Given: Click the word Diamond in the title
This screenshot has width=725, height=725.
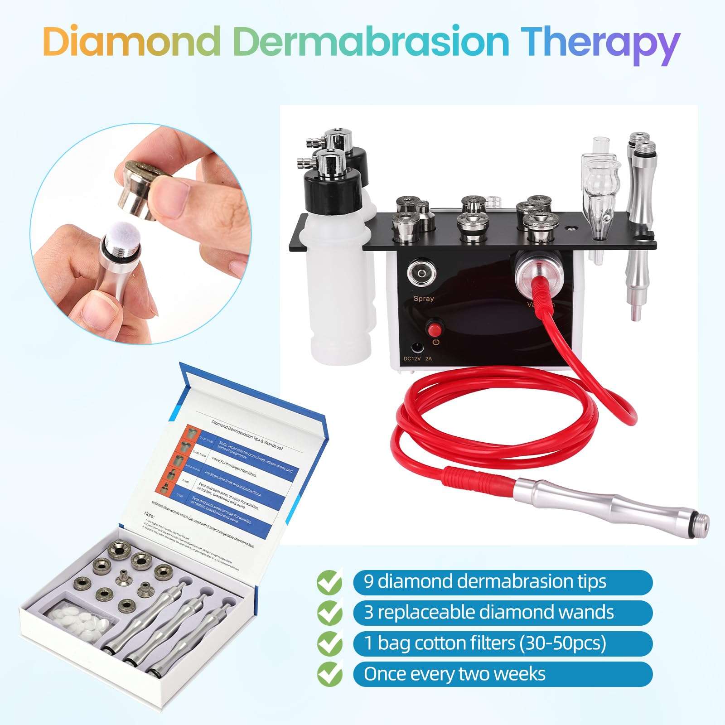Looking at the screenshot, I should [131, 42].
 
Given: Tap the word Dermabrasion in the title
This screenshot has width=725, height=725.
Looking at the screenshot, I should [372, 42].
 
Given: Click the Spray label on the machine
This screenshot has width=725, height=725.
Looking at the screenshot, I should [423, 299].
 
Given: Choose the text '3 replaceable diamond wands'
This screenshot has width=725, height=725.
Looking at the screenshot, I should [488, 612].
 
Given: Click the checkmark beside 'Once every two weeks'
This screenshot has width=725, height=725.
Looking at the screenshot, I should [329, 675].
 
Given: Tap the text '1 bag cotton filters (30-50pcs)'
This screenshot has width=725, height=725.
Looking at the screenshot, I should [485, 643].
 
